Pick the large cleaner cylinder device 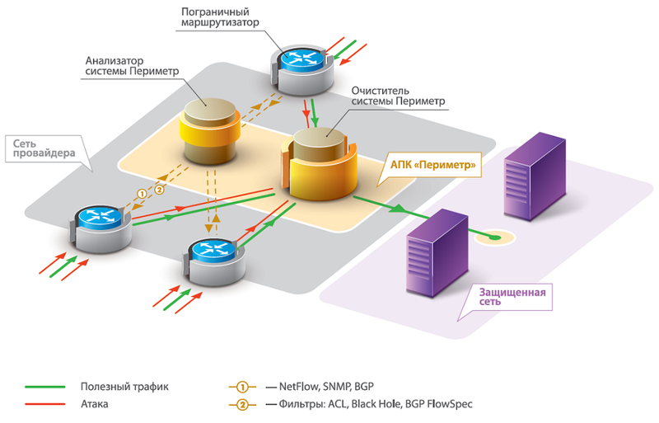tap(321, 161)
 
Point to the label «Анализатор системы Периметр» tap(133, 67)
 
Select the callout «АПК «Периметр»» tap(432, 165)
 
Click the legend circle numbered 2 tap(243, 404)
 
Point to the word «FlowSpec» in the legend tap(448, 404)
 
